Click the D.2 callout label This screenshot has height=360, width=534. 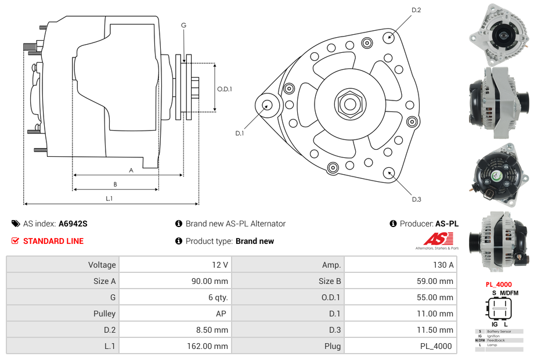416,10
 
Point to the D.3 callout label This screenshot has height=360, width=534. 416,200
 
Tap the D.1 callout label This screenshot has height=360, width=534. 239,134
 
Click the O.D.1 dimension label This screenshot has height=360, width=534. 225,89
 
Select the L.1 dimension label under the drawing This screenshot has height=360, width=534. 109,199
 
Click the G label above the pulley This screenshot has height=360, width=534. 183,25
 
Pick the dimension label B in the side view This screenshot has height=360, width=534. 115,185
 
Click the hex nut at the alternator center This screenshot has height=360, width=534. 349,104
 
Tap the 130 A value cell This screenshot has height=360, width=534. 399,265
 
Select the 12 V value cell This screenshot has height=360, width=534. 175,265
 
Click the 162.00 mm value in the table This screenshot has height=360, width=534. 175,346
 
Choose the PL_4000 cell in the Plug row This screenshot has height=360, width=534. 399,346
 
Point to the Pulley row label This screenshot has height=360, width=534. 63,314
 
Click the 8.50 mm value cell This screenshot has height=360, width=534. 175,330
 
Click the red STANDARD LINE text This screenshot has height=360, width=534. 53,241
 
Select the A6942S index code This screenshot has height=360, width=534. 73,224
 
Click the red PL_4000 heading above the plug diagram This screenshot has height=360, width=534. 499,285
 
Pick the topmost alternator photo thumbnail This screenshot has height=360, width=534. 499,34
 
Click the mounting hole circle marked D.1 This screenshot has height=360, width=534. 268,105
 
